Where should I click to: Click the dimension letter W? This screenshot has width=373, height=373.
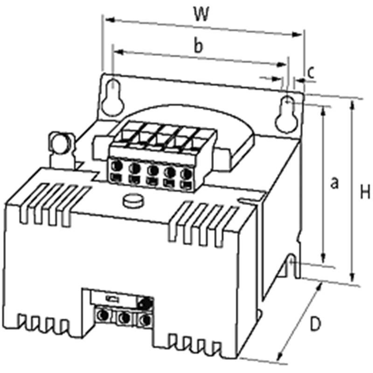pyautogui.click(x=201, y=14)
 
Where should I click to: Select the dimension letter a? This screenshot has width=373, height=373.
pyautogui.click(x=334, y=183)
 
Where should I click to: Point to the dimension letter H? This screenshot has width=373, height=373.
pyautogui.click(x=365, y=192)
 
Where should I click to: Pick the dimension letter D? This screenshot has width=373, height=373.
pyautogui.click(x=316, y=324)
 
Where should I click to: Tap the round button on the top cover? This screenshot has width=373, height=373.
pyautogui.click(x=134, y=201)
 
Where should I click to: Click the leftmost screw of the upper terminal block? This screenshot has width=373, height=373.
pyautogui.click(x=117, y=166)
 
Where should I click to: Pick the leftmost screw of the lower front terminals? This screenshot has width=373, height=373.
pyautogui.click(x=104, y=315)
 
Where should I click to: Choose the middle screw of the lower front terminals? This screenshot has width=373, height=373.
pyautogui.click(x=124, y=318)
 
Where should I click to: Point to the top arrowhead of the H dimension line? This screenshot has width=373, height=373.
pyautogui.click(x=352, y=105)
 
